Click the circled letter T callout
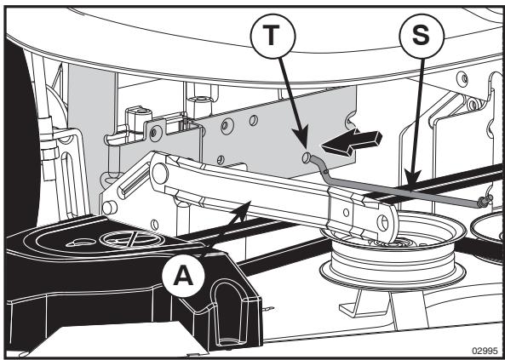[x=273, y=36]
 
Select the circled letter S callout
[x=422, y=36]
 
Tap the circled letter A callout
[x=183, y=277]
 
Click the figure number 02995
[x=485, y=351]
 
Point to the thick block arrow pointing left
[x=352, y=142]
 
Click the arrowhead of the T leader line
[x=302, y=139]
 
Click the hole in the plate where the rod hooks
[x=306, y=157]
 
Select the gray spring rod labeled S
[x=399, y=186]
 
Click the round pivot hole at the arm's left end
[x=160, y=174]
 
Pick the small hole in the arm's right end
[x=382, y=223]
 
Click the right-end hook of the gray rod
[x=485, y=201]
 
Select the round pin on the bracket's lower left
[x=110, y=208]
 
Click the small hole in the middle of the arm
[x=347, y=213]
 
